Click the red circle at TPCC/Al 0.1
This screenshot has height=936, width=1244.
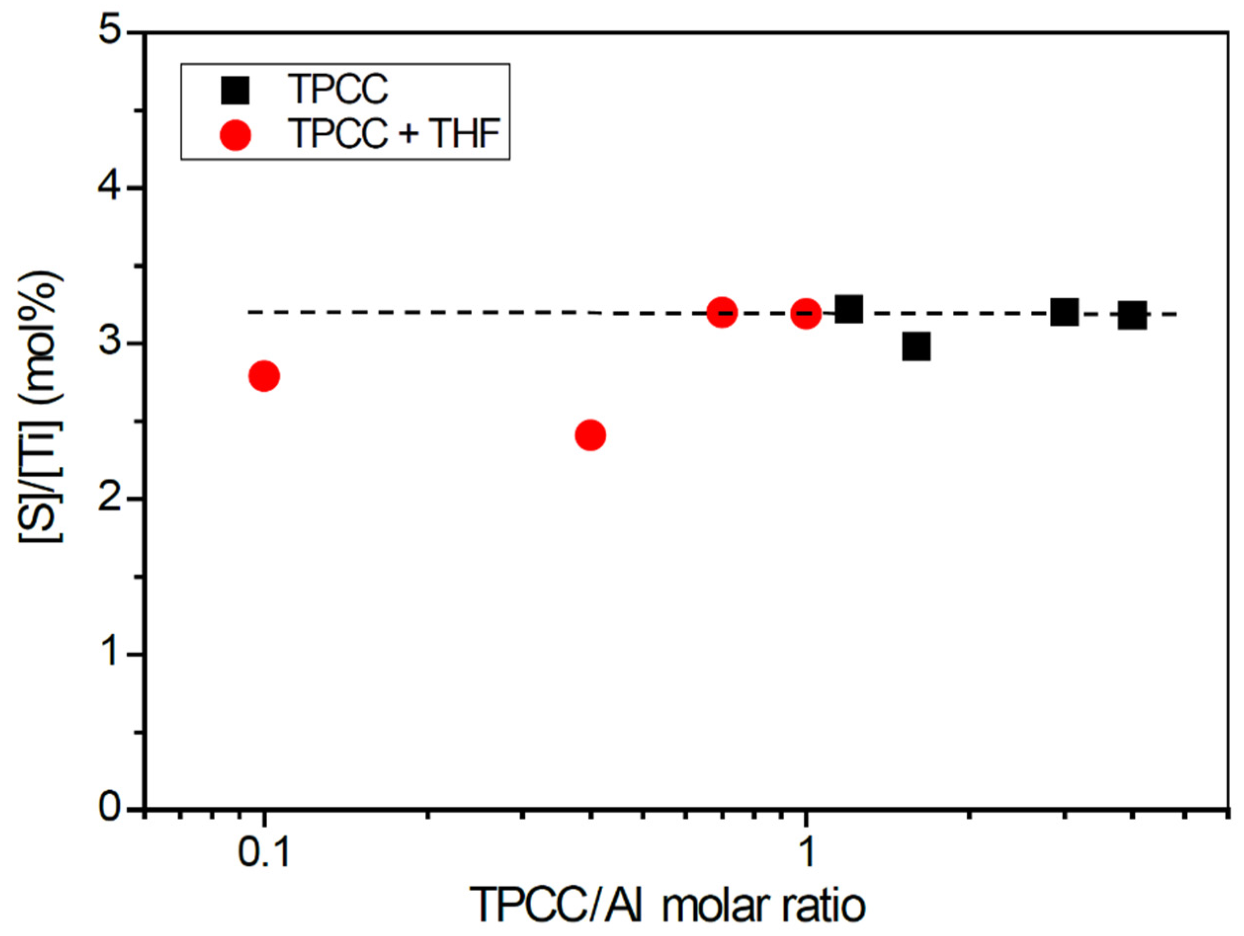[264, 375]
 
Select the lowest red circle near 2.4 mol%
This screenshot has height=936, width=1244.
[590, 435]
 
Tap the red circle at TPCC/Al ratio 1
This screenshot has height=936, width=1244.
[805, 313]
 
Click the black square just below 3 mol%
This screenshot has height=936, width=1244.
[915, 346]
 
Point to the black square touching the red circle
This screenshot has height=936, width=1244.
[848, 309]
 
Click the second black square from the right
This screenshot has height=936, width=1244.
[1064, 313]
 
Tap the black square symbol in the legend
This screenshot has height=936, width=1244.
[235, 90]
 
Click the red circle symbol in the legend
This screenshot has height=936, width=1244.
[235, 135]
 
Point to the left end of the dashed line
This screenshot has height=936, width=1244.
[250, 312]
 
